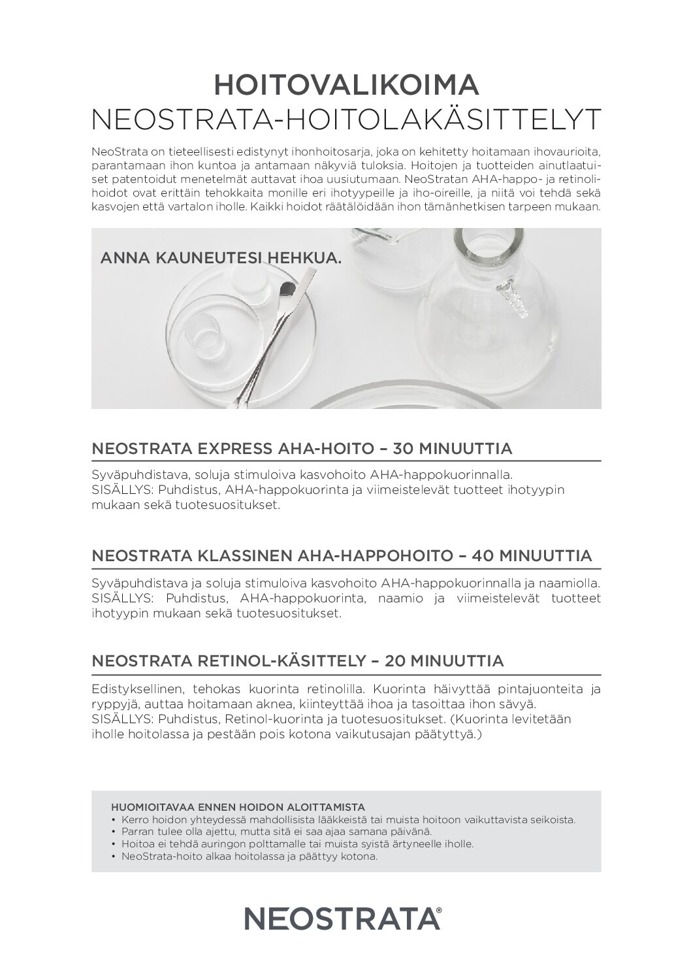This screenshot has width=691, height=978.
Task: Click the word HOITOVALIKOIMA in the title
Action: (x=346, y=86)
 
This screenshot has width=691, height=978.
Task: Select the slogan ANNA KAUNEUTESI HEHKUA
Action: (x=221, y=258)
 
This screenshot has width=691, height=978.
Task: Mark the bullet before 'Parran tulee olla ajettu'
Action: (x=114, y=832)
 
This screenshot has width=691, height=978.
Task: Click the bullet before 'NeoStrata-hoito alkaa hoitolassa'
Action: (x=114, y=856)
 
